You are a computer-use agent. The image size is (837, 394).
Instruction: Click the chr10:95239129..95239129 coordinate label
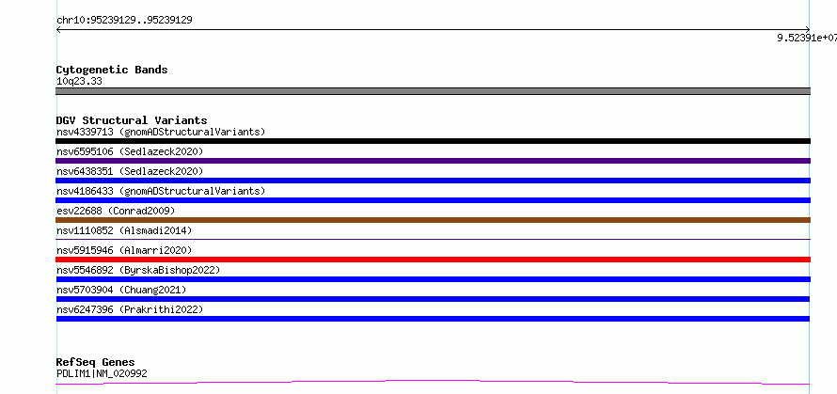click(x=124, y=21)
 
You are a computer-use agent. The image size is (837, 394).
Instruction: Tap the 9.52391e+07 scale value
click(x=807, y=38)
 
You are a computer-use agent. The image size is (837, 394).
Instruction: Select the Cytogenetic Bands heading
click(x=112, y=70)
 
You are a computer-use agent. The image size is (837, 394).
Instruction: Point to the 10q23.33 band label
click(x=79, y=82)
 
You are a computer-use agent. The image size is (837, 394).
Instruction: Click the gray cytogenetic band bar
click(x=433, y=91)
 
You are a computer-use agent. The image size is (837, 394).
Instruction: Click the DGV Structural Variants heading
click(x=132, y=120)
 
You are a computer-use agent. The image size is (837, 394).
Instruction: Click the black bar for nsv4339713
click(x=433, y=141)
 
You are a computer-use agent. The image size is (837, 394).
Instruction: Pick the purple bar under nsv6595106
click(x=433, y=161)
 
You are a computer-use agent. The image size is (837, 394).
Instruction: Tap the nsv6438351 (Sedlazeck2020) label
click(x=130, y=171)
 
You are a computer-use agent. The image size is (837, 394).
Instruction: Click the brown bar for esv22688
click(x=433, y=220)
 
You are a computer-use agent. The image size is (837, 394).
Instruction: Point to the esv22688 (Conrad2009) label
click(x=116, y=211)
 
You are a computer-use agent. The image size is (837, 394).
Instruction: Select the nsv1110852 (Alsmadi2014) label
click(x=124, y=230)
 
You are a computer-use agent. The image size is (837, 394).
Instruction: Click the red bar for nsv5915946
click(x=433, y=260)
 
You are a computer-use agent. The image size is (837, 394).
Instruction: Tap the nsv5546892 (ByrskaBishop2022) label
click(x=138, y=270)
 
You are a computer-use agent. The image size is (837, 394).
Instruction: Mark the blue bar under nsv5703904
click(x=433, y=299)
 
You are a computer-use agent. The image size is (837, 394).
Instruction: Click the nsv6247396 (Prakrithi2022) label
click(x=130, y=309)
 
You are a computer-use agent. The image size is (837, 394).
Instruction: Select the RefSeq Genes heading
click(x=95, y=362)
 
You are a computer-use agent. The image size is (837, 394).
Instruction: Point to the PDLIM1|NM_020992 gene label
click(x=102, y=373)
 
